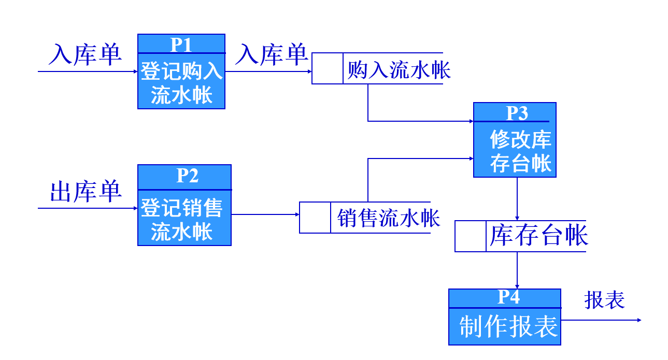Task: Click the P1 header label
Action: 181,45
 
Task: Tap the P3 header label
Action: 516,112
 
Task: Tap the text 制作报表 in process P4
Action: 508,326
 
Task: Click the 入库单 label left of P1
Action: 85,54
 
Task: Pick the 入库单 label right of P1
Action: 271,54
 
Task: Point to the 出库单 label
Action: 86,191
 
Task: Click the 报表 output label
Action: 604,299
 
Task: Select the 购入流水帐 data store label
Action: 399,69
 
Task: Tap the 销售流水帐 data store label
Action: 388,218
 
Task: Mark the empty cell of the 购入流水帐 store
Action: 327,68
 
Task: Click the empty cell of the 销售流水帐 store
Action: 315,218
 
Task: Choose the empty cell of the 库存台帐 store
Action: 471,236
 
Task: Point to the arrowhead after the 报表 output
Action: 639,320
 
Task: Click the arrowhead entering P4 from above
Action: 517,286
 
